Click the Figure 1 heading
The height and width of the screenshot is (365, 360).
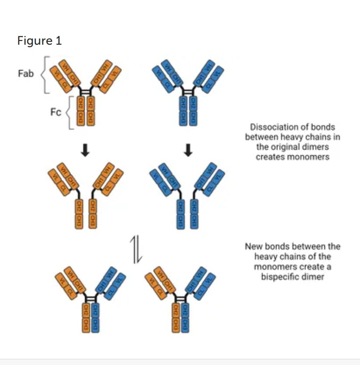(39, 41)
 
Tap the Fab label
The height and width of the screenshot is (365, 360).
(26, 73)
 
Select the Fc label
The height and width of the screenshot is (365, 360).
(56, 113)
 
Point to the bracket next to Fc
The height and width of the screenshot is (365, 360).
(69, 112)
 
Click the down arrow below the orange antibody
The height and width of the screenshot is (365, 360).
(86, 150)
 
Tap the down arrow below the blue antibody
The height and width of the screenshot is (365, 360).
(188, 150)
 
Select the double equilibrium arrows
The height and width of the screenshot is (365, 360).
(136, 250)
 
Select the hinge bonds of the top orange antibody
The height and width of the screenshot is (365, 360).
(86, 92)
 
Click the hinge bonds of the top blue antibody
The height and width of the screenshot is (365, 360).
(188, 92)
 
